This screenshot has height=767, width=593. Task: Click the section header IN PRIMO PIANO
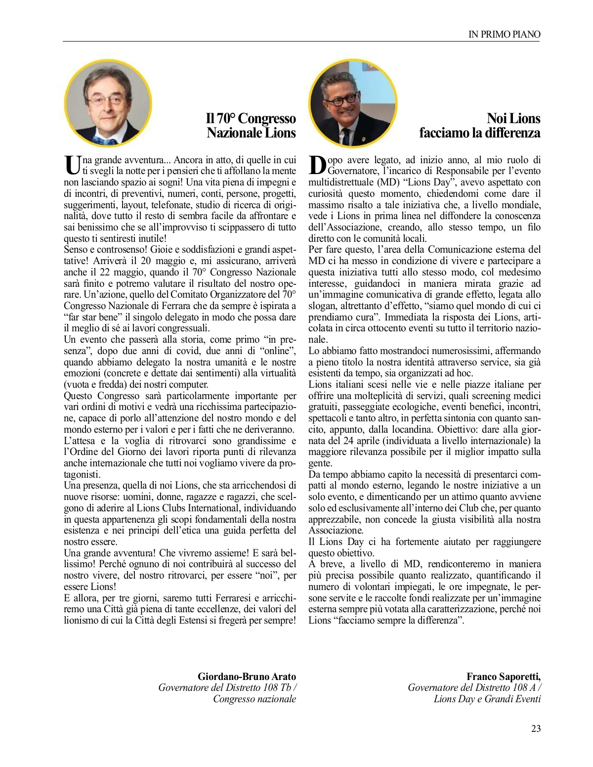click(504, 34)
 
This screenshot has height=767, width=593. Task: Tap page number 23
click(536, 728)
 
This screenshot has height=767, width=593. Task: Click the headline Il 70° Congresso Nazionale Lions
click(251, 126)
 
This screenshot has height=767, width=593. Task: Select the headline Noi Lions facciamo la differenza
click(480, 126)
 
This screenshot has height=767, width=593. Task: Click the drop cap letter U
click(72, 165)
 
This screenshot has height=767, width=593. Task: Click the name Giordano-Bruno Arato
click(247, 677)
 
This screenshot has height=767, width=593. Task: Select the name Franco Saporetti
click(503, 677)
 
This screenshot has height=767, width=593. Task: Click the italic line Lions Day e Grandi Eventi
click(487, 699)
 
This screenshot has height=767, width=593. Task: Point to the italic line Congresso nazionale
click(254, 699)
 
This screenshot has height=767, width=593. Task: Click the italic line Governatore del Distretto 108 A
click(474, 687)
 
